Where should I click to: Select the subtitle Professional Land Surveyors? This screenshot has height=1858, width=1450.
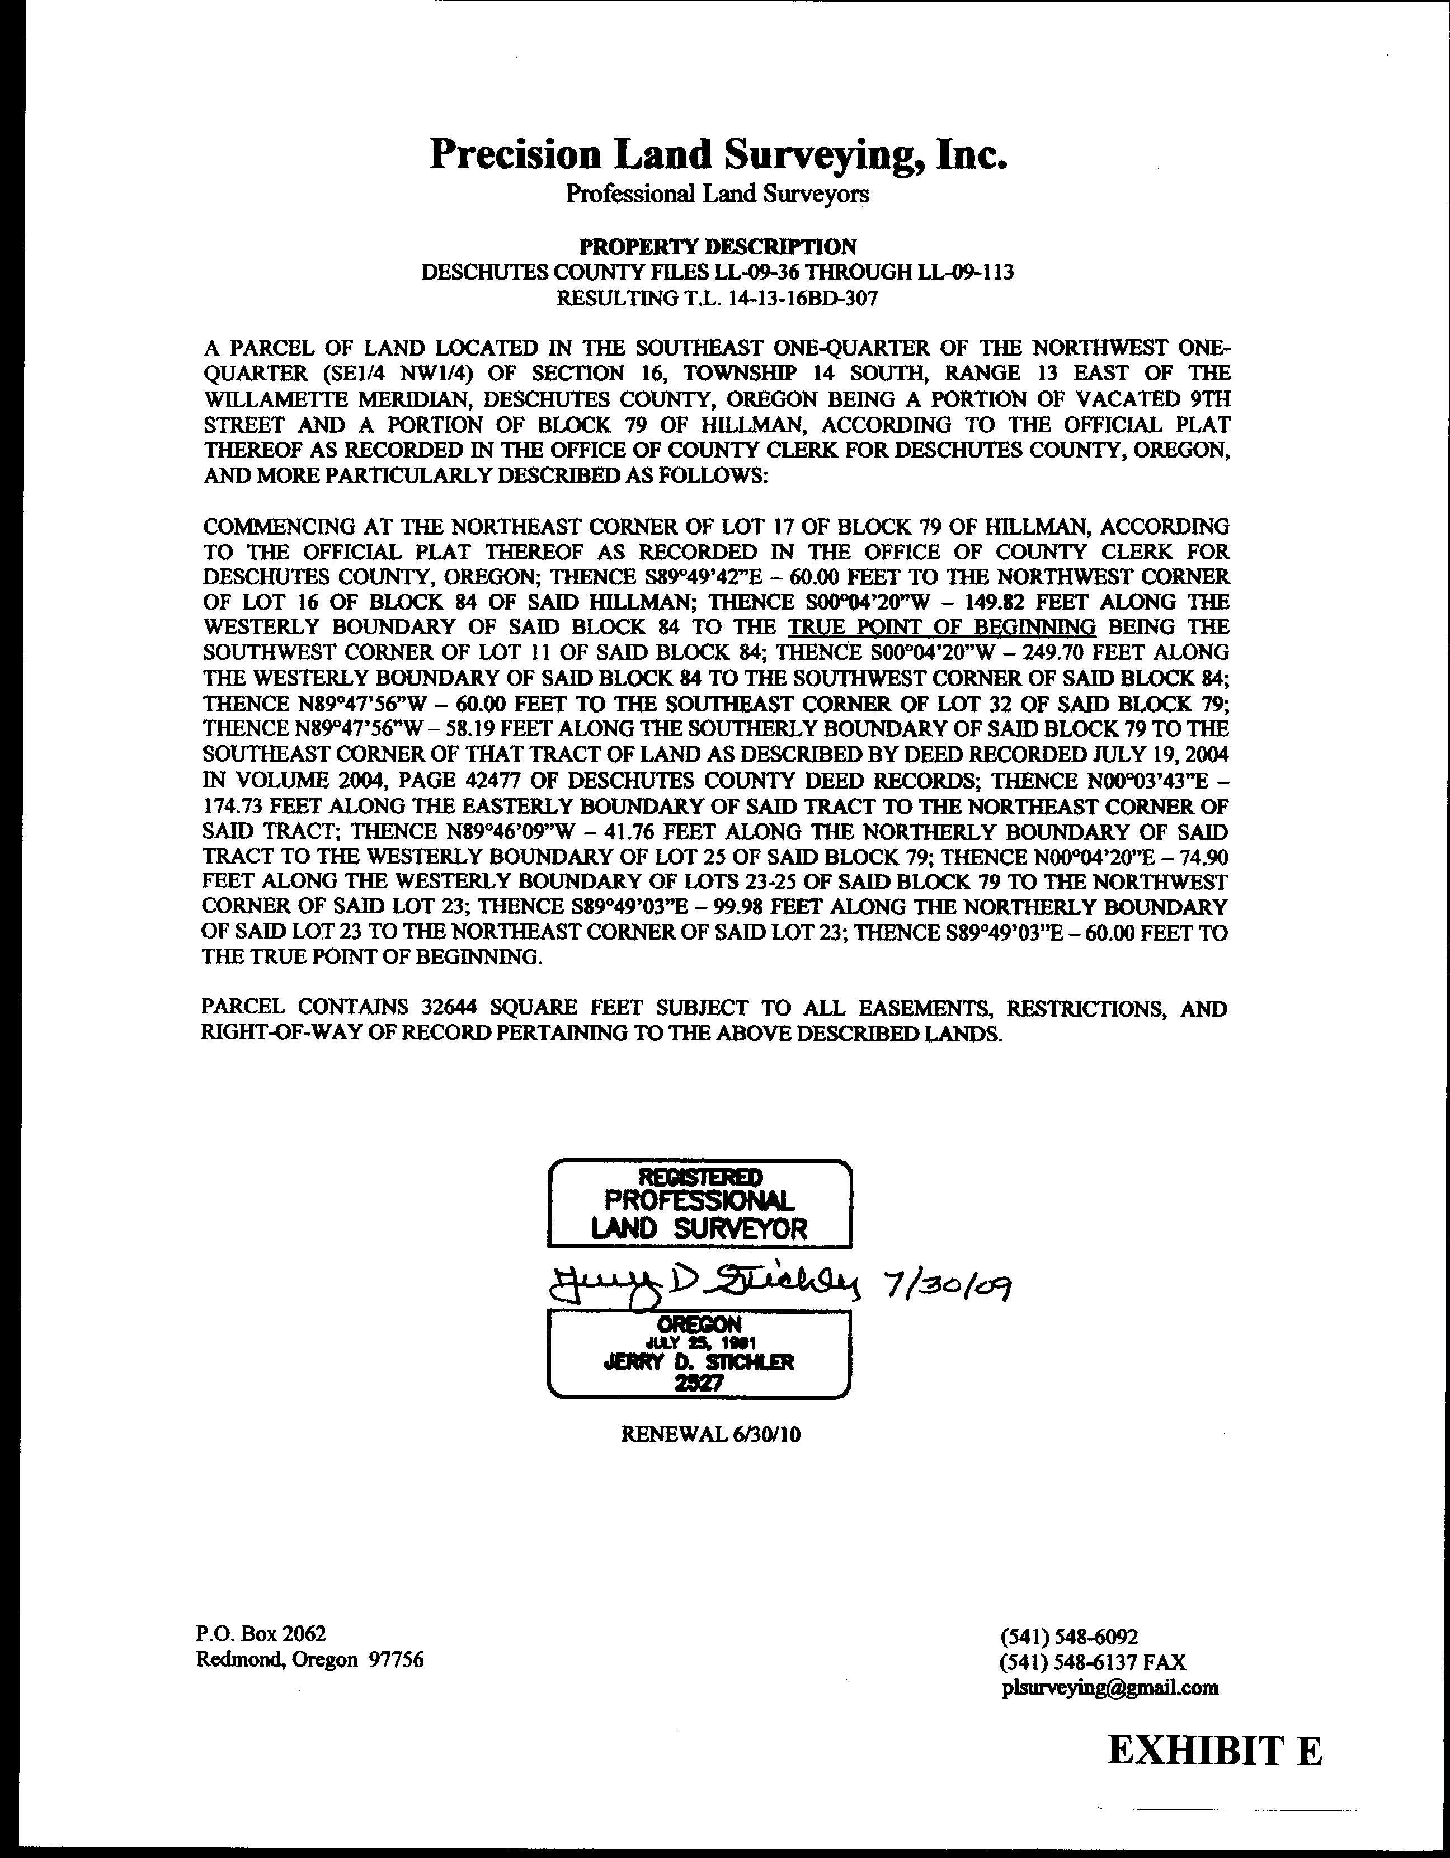717,194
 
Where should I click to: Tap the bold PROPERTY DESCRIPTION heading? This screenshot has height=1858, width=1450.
717,247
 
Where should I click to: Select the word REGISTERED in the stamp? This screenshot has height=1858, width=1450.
699,1177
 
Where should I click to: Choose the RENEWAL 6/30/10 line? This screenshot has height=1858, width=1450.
710,1435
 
